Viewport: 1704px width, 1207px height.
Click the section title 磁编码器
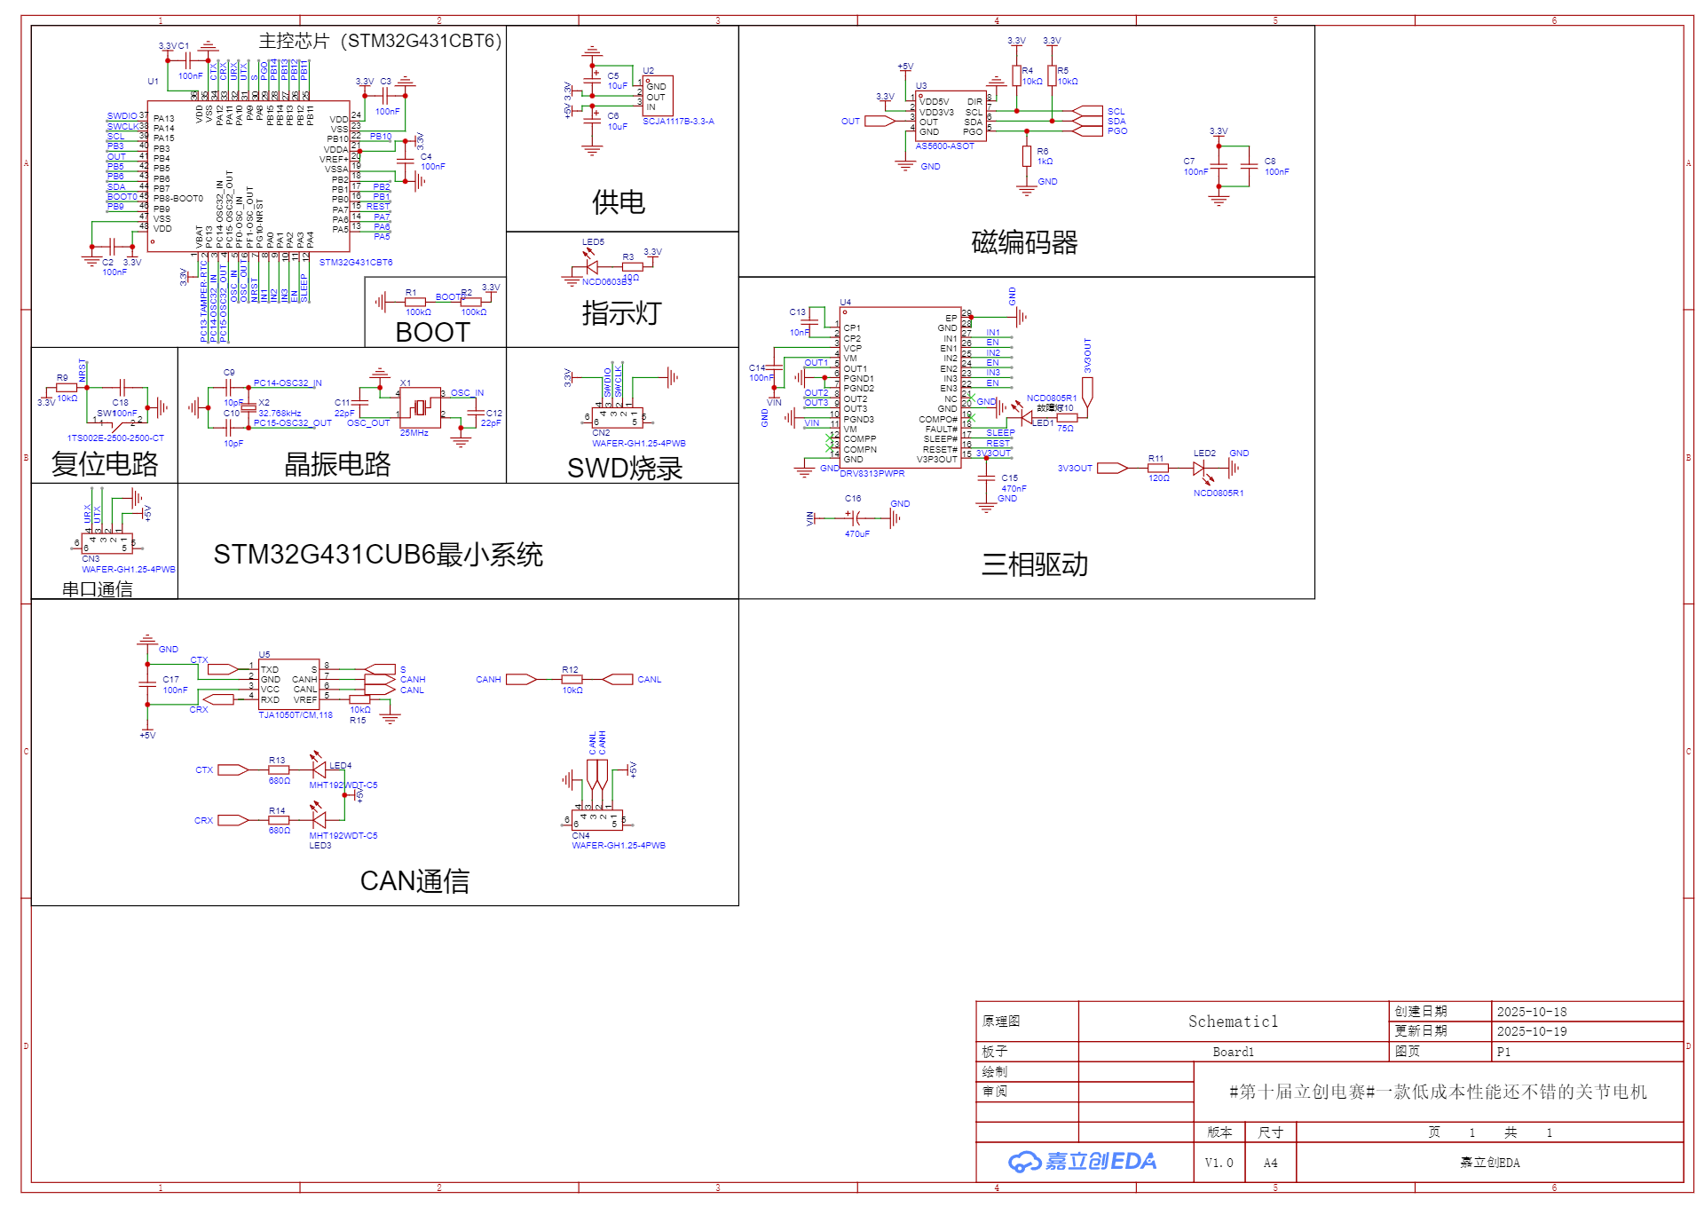coord(1024,242)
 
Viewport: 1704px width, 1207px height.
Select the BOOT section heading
coord(432,332)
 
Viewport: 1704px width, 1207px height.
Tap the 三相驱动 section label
coord(1034,564)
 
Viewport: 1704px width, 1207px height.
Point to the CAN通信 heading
coord(414,880)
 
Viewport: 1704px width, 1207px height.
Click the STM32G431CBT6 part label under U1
coord(356,263)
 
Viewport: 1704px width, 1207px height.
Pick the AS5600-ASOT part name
coord(944,146)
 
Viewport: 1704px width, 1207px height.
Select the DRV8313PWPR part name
coord(872,474)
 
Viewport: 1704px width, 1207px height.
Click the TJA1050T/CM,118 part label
coord(296,715)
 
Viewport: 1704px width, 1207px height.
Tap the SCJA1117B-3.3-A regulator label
coord(678,122)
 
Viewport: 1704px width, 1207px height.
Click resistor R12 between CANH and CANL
coord(572,680)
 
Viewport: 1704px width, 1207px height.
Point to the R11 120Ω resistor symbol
coord(1158,469)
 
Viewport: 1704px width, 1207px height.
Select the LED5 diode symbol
coord(589,266)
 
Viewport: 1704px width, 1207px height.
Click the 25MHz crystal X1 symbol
coord(420,407)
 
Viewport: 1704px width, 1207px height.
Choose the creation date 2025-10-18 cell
coord(1532,1012)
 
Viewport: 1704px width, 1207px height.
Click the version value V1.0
coord(1219,1163)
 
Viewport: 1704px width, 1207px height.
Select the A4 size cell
coord(1270,1163)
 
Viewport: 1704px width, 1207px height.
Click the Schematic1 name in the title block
coord(1233,1022)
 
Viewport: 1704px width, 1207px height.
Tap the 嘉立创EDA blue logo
coord(1084,1162)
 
